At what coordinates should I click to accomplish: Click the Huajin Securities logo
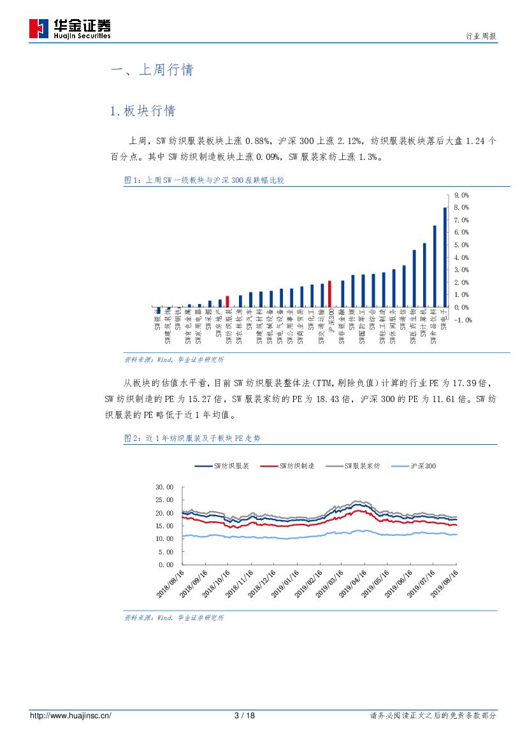(69, 29)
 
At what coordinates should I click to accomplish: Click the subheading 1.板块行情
(143, 111)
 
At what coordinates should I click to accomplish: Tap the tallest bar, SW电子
(445, 257)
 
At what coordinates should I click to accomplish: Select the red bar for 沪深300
(329, 294)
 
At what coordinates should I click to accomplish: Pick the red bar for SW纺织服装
(227, 301)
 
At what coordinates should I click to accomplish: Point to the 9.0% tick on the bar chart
(461, 195)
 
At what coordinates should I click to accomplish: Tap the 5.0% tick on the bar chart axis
(461, 245)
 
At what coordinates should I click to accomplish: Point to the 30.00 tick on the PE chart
(164, 487)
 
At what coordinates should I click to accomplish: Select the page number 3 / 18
(245, 716)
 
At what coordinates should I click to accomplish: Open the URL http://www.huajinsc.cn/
(71, 716)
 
